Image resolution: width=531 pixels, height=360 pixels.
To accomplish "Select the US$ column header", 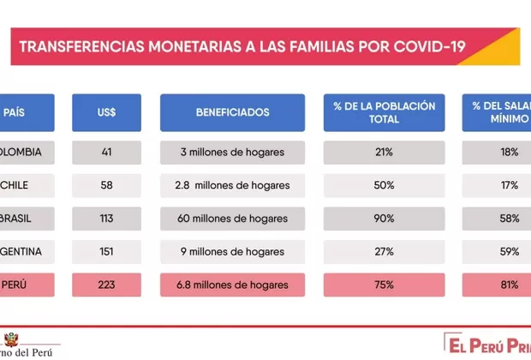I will click(x=107, y=112).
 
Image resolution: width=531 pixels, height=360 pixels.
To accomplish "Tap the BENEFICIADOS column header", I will click(x=232, y=112).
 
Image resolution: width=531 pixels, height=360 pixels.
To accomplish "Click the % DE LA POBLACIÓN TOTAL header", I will click(x=384, y=112).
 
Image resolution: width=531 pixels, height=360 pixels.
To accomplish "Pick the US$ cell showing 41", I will click(x=107, y=153).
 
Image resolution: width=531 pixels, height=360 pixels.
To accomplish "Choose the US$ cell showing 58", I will click(x=107, y=185).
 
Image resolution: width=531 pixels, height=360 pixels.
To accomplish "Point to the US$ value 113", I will click(x=107, y=219).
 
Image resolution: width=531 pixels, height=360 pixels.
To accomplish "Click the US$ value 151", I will click(x=107, y=251).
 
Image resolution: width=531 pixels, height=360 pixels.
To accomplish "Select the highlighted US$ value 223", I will click(x=107, y=285).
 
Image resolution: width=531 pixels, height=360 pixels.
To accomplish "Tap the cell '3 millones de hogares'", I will click(x=232, y=153).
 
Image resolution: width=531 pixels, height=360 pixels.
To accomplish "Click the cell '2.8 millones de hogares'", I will click(x=232, y=185).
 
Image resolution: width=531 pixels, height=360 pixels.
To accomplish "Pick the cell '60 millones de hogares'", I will click(x=232, y=219).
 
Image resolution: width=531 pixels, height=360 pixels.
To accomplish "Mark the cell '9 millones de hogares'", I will click(x=232, y=251).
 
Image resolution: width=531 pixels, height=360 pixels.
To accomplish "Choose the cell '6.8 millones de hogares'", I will click(x=232, y=285).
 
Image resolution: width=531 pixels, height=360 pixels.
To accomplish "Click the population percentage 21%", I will click(x=384, y=153).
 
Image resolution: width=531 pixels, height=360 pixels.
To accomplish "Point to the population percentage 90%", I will click(x=384, y=219).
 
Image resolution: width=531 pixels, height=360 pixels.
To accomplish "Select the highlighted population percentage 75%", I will click(x=384, y=285).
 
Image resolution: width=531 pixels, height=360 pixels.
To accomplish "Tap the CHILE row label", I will click(x=17, y=185).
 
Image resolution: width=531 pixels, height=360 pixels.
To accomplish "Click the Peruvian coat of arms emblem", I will click(x=10, y=339).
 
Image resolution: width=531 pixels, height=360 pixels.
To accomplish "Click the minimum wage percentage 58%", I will click(x=509, y=219).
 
